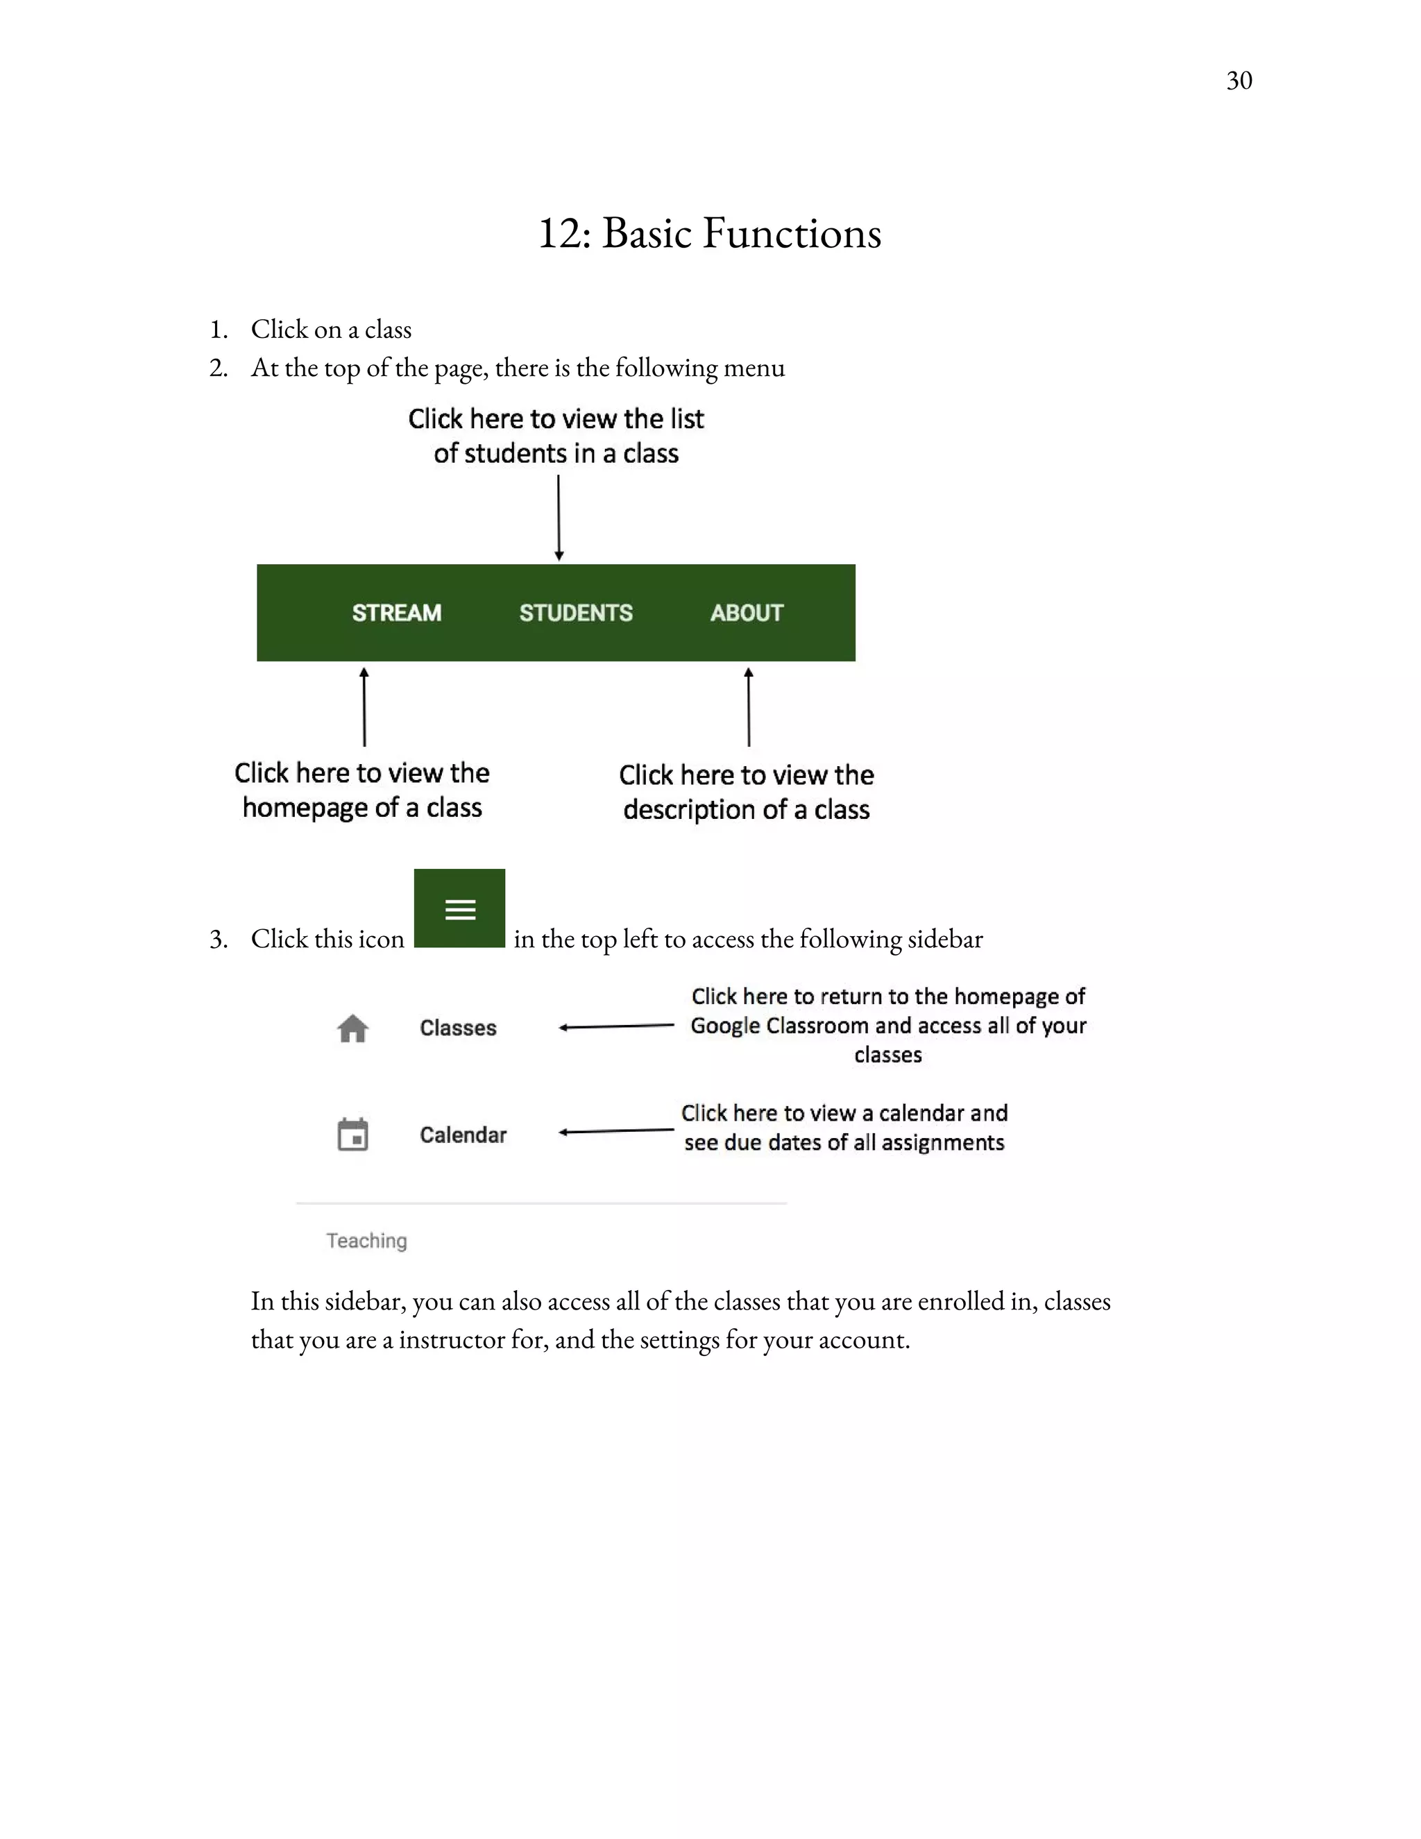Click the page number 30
pos(1239,80)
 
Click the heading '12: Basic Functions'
pos(710,233)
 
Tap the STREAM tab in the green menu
pos(396,613)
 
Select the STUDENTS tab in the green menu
pos(576,613)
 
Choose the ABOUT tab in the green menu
pos(747,613)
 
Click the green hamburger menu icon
pos(459,909)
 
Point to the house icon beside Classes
pos(352,1028)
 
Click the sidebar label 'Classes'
pos(458,1028)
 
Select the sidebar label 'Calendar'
pos(463,1135)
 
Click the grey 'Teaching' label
pos(366,1240)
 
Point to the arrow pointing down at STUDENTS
pos(559,517)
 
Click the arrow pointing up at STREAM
pos(364,707)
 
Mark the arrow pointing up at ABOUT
pos(749,707)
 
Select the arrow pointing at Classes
pos(616,1026)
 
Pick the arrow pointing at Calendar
pos(616,1131)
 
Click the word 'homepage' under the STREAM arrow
pos(305,808)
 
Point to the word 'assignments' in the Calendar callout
pos(943,1143)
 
